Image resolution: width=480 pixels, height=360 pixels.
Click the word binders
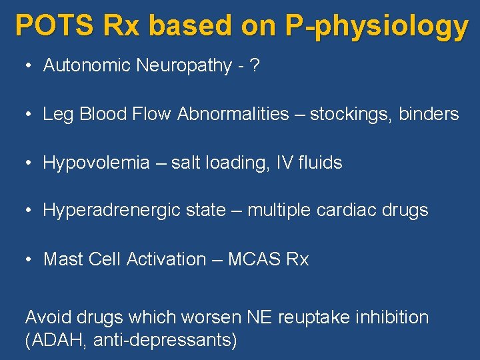click(429, 115)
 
